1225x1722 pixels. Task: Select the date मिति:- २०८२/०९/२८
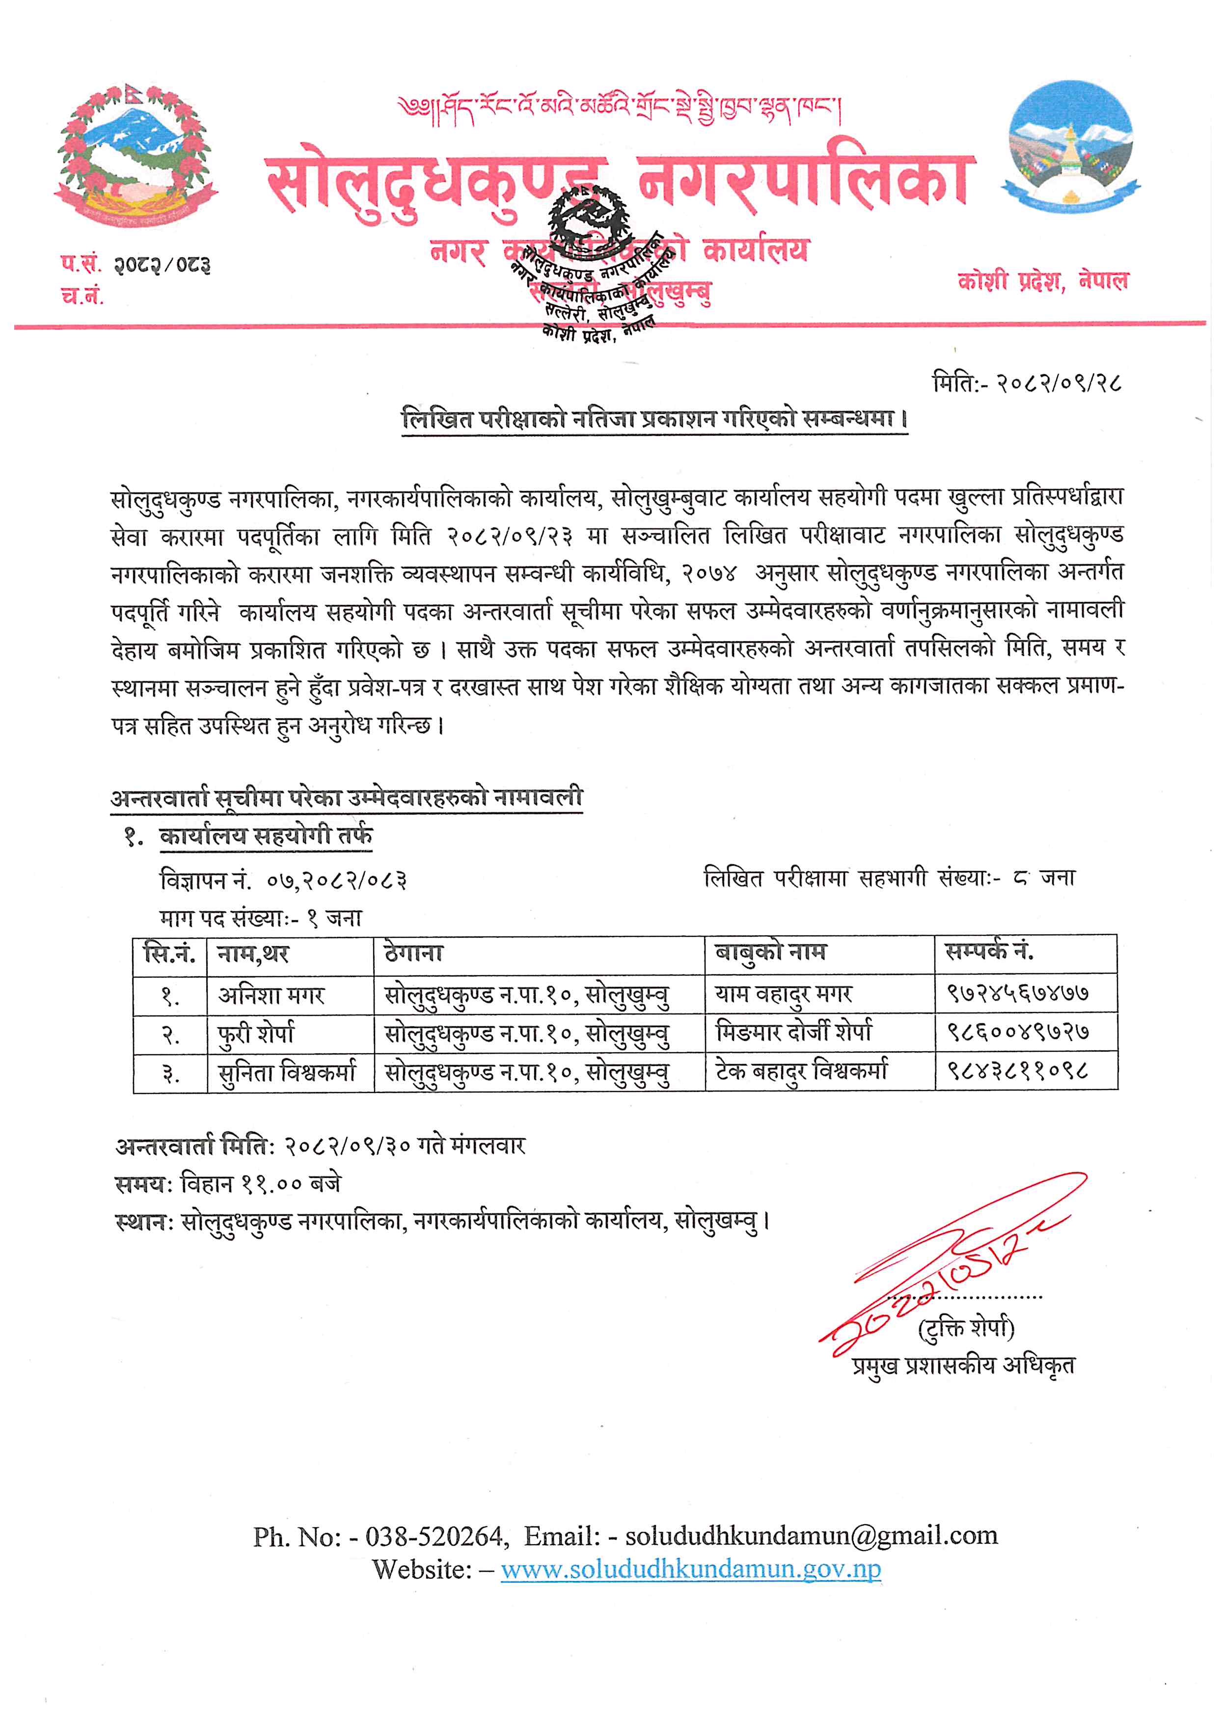click(x=1027, y=384)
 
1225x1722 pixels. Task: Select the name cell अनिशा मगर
click(x=271, y=996)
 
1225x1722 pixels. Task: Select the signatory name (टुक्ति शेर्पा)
click(x=966, y=1329)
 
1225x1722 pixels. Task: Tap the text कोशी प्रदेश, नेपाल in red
click(x=1043, y=281)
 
